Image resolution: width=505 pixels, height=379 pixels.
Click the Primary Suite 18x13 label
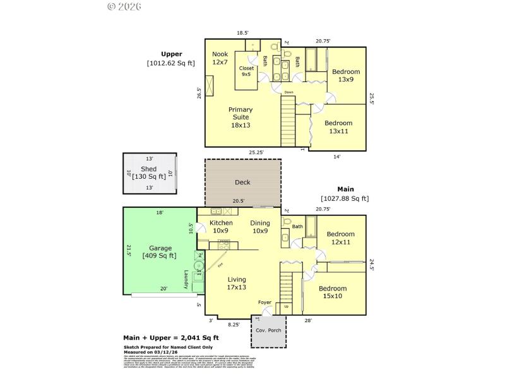(x=240, y=117)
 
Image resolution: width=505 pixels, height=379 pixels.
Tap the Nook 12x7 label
(x=220, y=58)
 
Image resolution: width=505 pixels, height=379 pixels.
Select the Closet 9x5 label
(x=246, y=71)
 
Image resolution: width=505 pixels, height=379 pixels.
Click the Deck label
(x=242, y=182)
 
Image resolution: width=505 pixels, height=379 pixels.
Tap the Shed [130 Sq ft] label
(x=148, y=172)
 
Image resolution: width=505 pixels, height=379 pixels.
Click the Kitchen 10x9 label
(x=221, y=227)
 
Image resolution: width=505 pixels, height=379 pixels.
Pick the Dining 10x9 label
(x=259, y=227)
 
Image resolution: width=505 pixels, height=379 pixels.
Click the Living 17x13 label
(x=237, y=283)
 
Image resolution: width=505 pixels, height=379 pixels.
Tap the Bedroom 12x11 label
(x=340, y=238)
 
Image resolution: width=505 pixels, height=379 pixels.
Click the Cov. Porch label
(x=268, y=331)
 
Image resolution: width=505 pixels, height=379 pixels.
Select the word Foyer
(x=265, y=303)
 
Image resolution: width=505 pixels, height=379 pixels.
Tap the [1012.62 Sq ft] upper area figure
(x=171, y=63)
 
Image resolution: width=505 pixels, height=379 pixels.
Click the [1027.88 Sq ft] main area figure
(x=345, y=198)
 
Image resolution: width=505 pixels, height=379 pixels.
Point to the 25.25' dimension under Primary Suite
(x=256, y=152)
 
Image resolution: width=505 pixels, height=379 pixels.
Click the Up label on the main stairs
(x=287, y=306)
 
